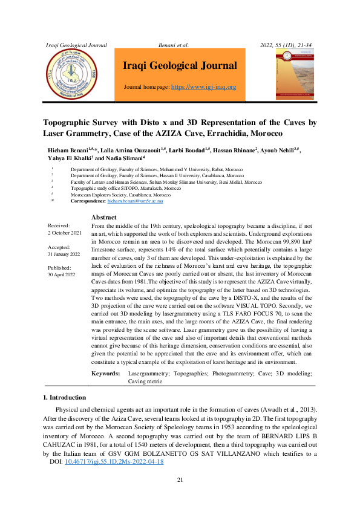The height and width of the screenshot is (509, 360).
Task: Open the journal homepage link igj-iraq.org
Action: point(204,87)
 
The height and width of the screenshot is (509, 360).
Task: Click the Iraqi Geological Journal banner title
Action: point(180,66)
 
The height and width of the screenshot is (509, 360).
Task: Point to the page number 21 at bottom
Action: point(180,480)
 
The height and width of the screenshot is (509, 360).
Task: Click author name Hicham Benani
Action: point(68,149)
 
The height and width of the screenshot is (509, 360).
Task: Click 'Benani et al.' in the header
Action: point(173,45)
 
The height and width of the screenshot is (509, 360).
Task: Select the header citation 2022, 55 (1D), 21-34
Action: point(290,45)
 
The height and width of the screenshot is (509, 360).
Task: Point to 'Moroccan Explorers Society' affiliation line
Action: point(120,194)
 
